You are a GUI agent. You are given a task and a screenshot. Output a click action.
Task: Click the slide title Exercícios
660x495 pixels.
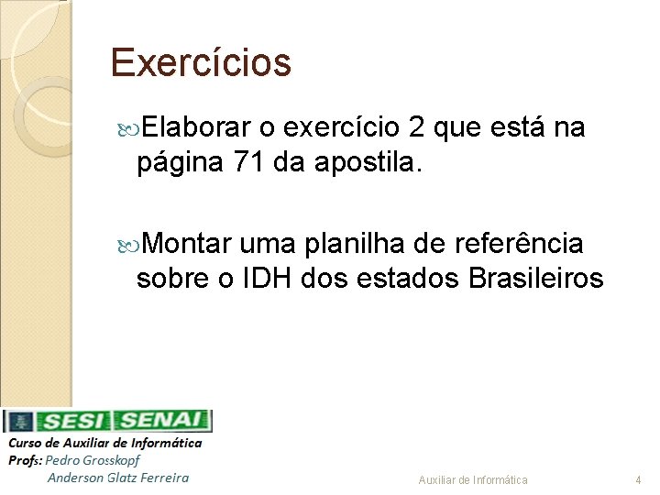tap(200, 63)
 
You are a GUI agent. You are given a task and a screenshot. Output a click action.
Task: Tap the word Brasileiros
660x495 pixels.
tap(535, 279)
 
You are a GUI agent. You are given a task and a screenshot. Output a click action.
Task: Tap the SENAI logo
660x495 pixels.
tap(163, 422)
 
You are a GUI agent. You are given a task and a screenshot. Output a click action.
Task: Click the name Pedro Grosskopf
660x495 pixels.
tap(93, 460)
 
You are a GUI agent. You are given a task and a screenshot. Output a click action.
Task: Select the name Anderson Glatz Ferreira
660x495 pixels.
tap(118, 477)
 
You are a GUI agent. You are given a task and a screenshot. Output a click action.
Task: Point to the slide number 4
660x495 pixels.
tap(638, 480)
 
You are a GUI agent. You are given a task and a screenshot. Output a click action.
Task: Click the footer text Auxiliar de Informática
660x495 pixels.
tap(473, 480)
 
